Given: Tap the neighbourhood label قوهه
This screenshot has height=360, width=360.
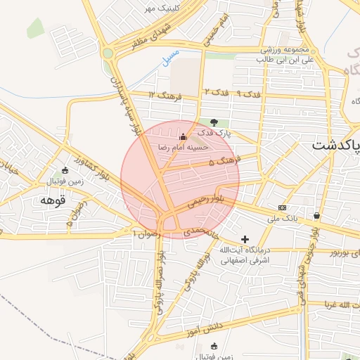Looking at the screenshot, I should tap(53, 200).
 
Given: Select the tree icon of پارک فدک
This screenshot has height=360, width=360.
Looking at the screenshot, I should tap(214, 122).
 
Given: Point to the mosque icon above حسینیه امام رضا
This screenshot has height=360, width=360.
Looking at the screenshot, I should tap(184, 136).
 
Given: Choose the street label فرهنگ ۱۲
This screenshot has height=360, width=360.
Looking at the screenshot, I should tap(165, 95).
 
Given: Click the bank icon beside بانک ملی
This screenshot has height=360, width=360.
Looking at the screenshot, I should tap(283, 207).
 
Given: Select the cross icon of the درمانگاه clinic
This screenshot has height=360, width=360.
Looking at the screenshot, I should tap(245, 240).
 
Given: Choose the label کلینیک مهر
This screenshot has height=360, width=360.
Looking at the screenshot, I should tap(158, 8).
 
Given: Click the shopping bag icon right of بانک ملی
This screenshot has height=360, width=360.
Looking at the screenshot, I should tap(317, 216).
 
